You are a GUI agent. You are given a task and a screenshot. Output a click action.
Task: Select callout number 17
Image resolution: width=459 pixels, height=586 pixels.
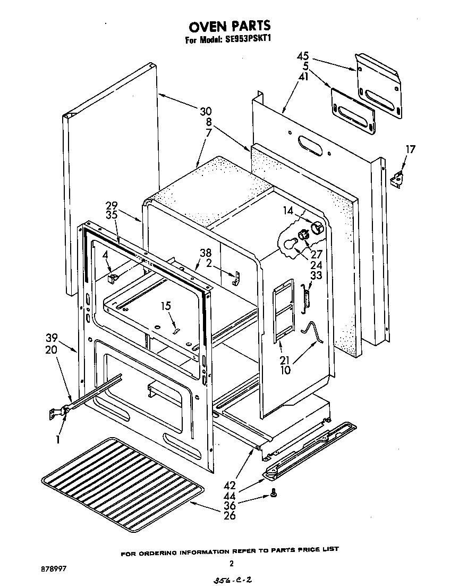[x=411, y=149]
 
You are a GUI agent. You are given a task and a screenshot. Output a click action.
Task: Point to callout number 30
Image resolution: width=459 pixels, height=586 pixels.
[x=206, y=112]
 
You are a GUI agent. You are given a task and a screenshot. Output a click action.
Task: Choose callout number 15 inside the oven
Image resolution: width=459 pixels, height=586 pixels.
[x=166, y=306]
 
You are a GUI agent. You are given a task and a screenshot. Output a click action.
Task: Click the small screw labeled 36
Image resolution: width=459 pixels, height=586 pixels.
[x=273, y=493]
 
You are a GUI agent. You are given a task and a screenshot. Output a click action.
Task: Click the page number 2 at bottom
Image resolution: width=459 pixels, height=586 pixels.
[x=231, y=563]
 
